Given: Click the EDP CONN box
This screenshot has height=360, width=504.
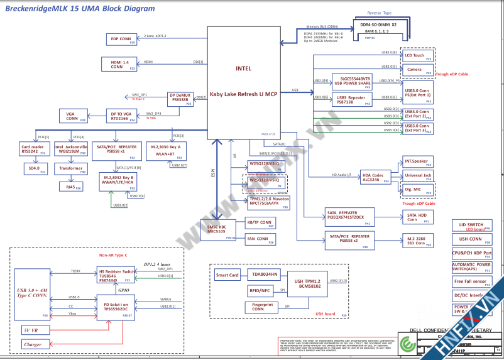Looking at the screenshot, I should [x=121, y=40].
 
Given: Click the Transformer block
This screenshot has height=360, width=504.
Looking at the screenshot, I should [x=71, y=168].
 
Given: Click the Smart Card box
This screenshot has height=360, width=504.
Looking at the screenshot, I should [x=227, y=275].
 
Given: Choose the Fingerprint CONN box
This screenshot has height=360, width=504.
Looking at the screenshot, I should [x=261, y=307].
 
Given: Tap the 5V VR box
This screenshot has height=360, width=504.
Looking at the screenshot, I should [x=32, y=330].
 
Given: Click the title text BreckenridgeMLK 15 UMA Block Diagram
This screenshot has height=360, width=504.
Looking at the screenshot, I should [x=80, y=9].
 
